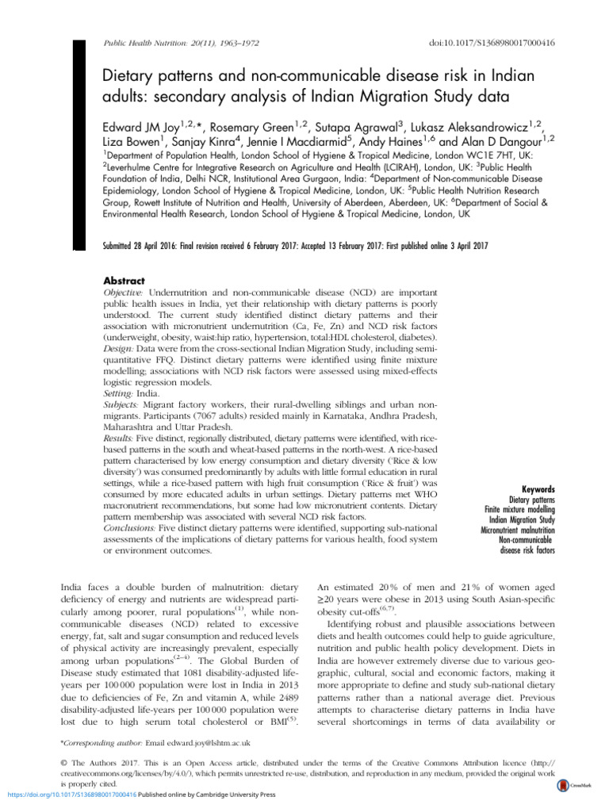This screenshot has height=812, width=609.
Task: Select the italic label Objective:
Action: (x=128, y=293)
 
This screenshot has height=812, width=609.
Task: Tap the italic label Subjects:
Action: (x=125, y=404)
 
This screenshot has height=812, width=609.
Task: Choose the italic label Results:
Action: (x=124, y=436)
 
